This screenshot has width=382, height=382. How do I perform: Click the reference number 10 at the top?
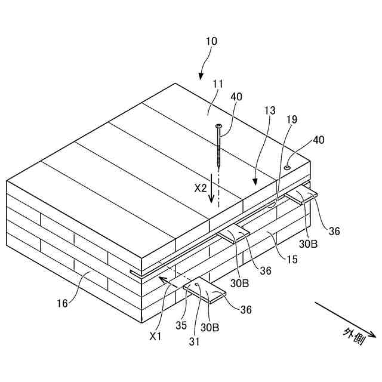coord(211,42)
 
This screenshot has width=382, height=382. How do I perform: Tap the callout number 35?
coord(181,326)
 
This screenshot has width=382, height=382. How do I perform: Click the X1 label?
coord(156,337)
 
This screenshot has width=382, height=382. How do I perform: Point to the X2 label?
coord(201,187)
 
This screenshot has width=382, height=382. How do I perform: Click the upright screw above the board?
coord(219,146)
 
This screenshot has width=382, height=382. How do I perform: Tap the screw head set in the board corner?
coord(288,168)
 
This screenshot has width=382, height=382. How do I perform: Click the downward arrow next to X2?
coord(212,193)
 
